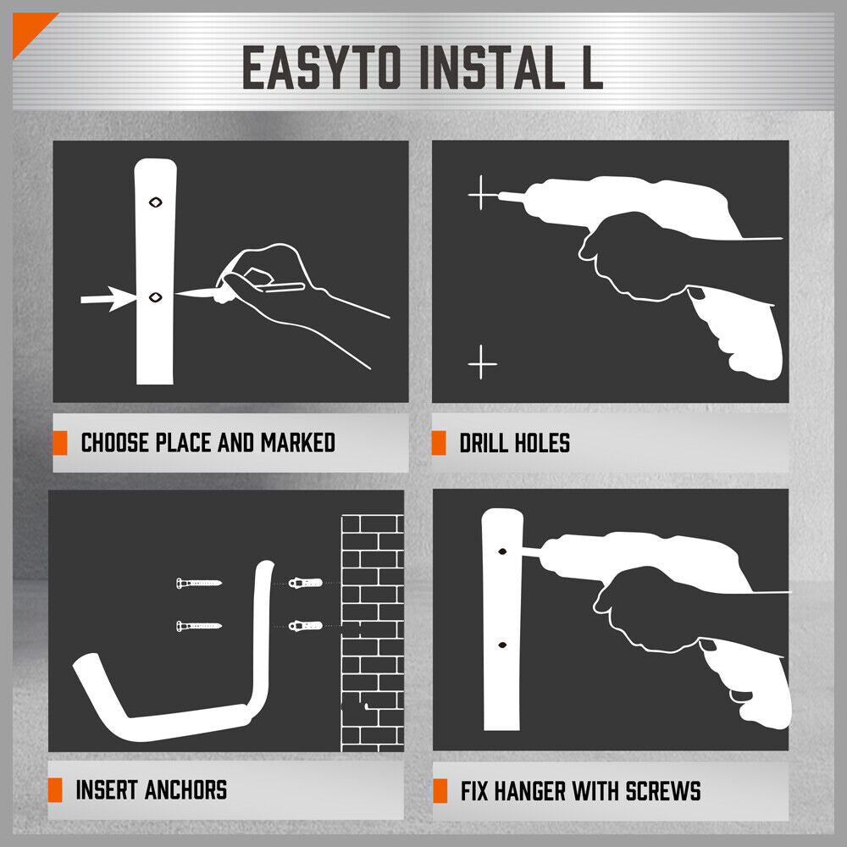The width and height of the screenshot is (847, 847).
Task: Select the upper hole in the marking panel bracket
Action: pos(155,202)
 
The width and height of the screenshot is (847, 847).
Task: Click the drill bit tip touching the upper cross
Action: pos(500,196)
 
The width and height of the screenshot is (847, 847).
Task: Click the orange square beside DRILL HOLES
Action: pos(439,443)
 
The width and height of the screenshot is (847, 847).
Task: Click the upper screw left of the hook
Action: pos(199,583)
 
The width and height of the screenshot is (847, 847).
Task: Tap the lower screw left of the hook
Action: pos(199,626)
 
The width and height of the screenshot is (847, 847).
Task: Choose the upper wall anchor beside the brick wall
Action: pos(303,583)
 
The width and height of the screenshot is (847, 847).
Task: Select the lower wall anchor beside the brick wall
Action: pos(303,626)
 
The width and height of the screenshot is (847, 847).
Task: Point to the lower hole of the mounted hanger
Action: pos(501,645)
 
